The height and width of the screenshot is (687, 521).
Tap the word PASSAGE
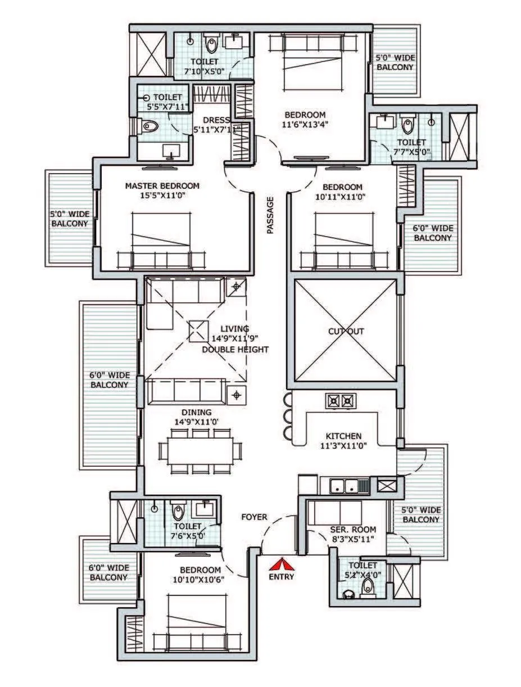[x=270, y=215]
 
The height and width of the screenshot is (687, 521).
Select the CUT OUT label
[x=346, y=332]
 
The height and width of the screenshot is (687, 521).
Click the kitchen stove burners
[x=341, y=401]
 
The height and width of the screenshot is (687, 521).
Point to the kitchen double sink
[x=345, y=485]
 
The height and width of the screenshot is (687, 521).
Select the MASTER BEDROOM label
[x=162, y=186]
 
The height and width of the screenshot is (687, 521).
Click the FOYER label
[x=254, y=517]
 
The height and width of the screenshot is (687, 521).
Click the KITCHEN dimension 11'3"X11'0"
[x=343, y=446]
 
